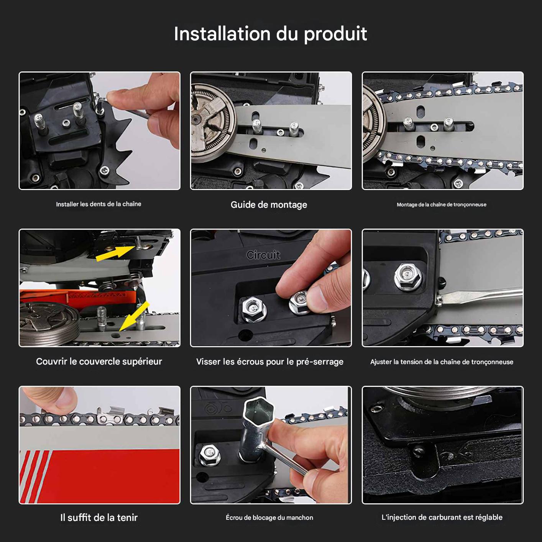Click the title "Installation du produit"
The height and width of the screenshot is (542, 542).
point(270,34)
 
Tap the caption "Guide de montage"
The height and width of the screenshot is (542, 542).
point(269,205)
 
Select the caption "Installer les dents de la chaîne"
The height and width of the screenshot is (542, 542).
point(99,204)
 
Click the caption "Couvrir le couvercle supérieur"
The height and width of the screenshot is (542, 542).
point(99,361)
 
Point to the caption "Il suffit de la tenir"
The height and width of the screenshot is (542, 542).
point(99,517)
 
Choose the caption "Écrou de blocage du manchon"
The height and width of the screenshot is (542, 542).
point(269,517)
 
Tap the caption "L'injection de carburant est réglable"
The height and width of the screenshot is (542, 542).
point(442,517)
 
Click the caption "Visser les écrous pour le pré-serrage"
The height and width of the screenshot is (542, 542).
point(270,362)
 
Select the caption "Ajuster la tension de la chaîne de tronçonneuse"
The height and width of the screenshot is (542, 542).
point(442,362)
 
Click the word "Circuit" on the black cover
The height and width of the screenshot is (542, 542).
point(263,255)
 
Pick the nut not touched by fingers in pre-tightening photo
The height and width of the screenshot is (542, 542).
point(254,309)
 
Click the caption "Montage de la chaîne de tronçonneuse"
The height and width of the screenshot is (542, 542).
point(442,205)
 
